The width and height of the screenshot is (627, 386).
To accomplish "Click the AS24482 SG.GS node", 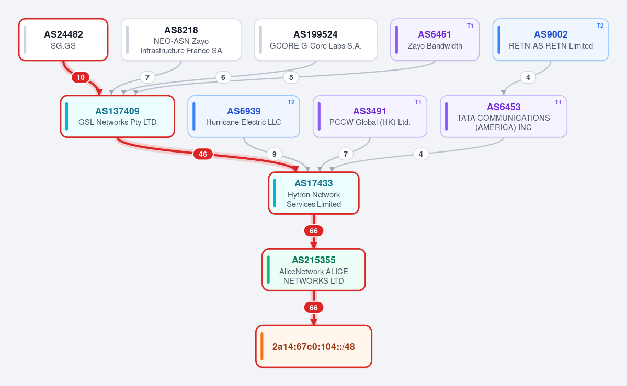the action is [63, 40].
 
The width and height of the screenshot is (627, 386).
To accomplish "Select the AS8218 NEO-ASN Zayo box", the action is [181, 40].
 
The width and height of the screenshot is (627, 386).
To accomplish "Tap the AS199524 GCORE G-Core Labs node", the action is [315, 40].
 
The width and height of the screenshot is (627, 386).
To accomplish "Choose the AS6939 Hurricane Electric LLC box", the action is [244, 116].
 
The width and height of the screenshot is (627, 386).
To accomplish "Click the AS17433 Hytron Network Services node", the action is [314, 193].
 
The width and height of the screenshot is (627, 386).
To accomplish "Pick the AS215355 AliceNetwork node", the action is [314, 270].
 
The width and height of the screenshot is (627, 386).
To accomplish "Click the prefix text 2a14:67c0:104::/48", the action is [314, 346].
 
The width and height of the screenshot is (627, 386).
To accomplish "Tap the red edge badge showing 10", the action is [81, 77].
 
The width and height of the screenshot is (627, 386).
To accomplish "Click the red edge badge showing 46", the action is [203, 154].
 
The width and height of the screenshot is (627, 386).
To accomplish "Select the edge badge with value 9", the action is [274, 154].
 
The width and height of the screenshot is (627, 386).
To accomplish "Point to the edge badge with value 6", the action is [223, 77].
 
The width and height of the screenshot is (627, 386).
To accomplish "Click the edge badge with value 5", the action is [291, 77].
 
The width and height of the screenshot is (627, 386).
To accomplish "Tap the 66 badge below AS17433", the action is [314, 230].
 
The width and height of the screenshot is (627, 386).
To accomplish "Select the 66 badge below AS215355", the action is [314, 307].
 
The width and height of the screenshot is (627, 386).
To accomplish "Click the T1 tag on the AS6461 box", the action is [470, 26].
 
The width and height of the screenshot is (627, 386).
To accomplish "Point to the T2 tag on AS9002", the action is [600, 26].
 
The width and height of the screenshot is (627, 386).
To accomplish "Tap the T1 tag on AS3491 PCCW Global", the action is [418, 102].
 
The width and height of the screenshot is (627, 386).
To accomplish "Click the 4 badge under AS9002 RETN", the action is [528, 77].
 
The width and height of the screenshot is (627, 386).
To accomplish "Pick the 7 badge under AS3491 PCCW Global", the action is [346, 154].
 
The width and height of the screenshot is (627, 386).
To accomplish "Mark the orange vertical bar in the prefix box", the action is [262, 346].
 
